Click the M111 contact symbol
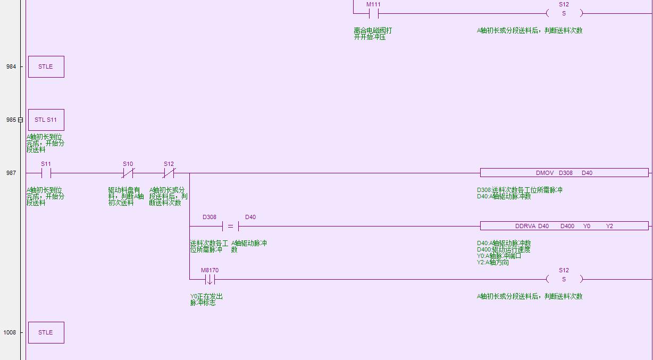pyautogui.click(x=373, y=13)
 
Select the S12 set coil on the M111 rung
pyautogui.click(x=564, y=13)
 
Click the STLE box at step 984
pyautogui.click(x=46, y=66)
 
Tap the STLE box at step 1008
pyautogui.click(x=46, y=332)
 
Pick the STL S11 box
pyautogui.click(x=46, y=120)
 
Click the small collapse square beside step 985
pyautogui.click(x=21, y=120)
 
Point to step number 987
pyautogui.click(x=11, y=173)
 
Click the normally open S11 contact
pyautogui.click(x=46, y=173)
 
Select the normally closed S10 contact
pyautogui.click(x=128, y=173)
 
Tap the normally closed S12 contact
pyautogui.click(x=169, y=173)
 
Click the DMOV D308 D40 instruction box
pyautogui.click(x=564, y=173)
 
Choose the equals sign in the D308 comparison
pyautogui.click(x=230, y=226)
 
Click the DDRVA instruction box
pyautogui.click(x=564, y=226)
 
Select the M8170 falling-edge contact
pyautogui.click(x=210, y=279)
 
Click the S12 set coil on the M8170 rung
pyautogui.click(x=564, y=279)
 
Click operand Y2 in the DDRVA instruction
pyautogui.click(x=609, y=226)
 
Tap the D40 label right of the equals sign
pyautogui.click(x=250, y=217)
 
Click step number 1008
pyautogui.click(x=10, y=332)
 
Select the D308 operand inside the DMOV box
pyautogui.click(x=566, y=173)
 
